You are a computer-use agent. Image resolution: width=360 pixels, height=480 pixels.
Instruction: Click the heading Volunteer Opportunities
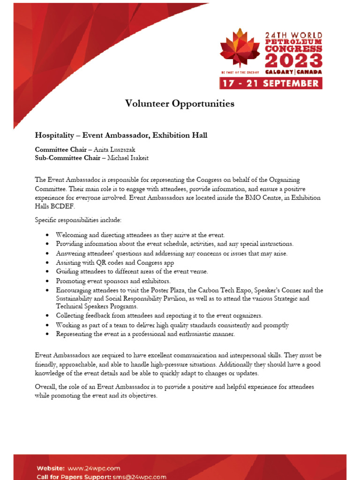180,104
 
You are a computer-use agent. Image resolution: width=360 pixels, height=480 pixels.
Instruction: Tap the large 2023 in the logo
294,61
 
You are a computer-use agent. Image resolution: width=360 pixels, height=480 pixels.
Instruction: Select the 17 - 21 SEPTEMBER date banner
271,83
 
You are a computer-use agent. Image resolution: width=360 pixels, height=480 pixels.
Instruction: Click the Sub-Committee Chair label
67,158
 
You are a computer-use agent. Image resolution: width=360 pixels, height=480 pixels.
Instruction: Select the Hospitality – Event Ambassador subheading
121,135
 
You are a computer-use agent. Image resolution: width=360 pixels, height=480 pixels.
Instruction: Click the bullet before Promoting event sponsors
49,281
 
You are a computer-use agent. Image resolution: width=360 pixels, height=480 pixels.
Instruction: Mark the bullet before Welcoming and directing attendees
49,235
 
